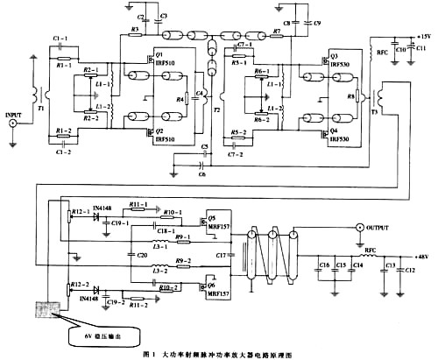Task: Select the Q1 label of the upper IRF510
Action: (159, 53)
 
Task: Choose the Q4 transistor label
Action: (335, 129)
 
